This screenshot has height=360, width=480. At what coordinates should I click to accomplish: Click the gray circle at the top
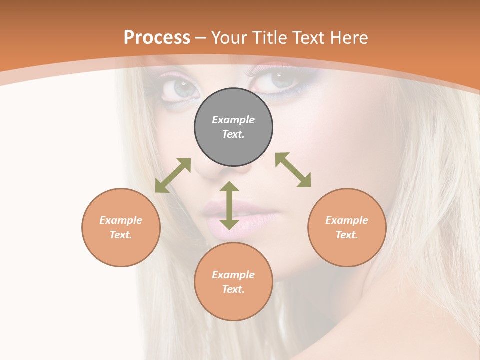(233, 127)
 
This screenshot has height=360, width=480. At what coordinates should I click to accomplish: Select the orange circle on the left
(121, 227)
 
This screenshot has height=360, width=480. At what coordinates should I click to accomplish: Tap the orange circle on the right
(347, 227)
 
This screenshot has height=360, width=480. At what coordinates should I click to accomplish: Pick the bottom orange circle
(233, 282)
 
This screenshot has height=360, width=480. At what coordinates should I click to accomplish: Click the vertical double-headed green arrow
(229, 205)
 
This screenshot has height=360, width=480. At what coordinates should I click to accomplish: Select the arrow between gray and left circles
(173, 175)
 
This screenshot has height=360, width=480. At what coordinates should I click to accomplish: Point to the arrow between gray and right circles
(293, 170)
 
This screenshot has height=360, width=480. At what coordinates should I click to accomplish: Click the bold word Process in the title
(157, 38)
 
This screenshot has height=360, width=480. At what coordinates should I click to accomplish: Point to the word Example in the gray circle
(233, 120)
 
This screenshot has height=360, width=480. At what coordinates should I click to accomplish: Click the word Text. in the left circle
(121, 235)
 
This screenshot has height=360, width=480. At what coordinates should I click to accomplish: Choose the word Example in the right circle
(347, 220)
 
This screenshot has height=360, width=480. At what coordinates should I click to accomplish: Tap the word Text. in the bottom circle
(233, 289)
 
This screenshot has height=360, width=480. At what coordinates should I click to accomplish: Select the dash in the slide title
(201, 38)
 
